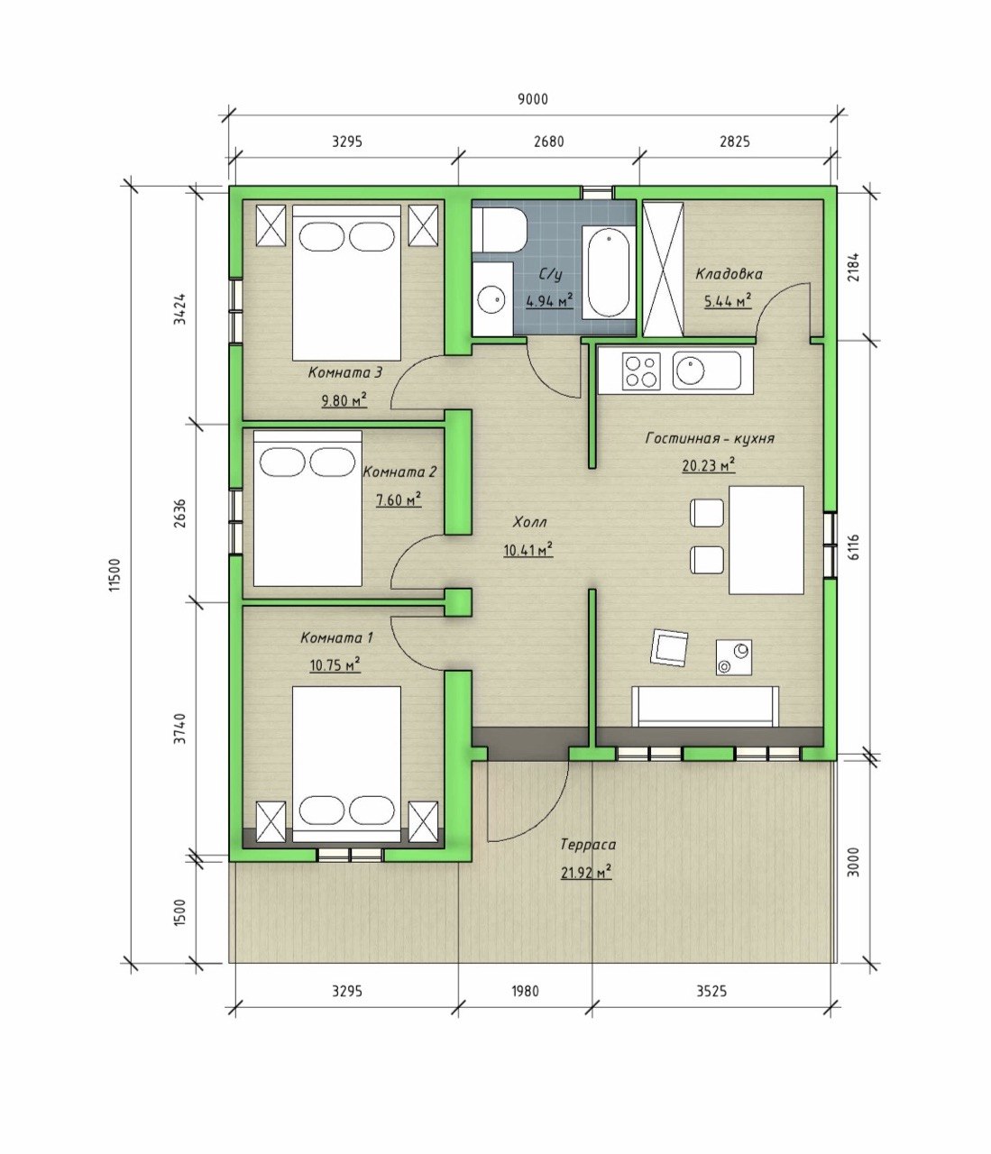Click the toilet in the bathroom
pos(499,230)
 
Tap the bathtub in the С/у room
pos(607,272)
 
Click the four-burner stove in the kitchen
pos(641,371)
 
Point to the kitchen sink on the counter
pos(706,371)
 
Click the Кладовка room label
pos(729,274)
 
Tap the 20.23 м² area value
pos(708,465)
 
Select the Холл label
pos(529,522)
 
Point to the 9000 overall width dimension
pos(533,99)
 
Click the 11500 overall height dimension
pos(115,574)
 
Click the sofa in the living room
pos(704,707)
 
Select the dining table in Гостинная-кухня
pos(766,540)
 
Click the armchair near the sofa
pos(669,647)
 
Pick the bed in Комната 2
pos(307,508)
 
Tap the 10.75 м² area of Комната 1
pos(335,665)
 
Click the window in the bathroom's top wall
pos(597,191)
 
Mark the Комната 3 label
pos(345,372)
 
